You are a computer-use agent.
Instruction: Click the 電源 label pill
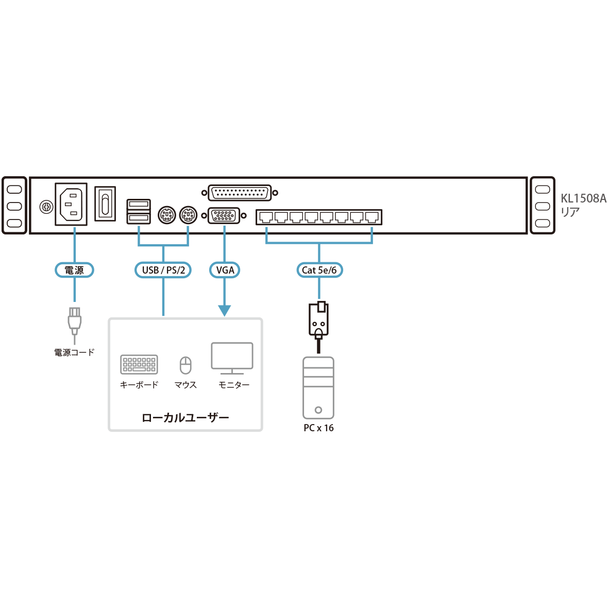(x=74, y=270)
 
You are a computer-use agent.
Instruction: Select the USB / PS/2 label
(x=163, y=270)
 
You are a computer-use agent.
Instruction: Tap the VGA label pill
(x=225, y=270)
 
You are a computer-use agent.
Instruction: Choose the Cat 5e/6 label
(x=319, y=270)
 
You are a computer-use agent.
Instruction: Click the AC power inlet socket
(x=71, y=205)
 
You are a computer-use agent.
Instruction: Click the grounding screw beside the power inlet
(x=46, y=208)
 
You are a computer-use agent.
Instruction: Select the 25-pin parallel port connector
(x=240, y=193)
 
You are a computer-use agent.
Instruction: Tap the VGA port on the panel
(x=224, y=215)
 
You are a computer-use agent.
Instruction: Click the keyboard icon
(x=139, y=364)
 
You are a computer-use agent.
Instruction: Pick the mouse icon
(x=185, y=365)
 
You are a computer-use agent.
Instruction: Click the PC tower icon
(x=318, y=387)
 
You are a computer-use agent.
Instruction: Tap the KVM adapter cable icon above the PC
(x=318, y=320)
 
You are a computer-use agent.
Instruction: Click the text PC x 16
(x=318, y=428)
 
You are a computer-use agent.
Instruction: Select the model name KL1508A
(x=583, y=198)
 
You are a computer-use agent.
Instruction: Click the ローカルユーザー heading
(x=185, y=417)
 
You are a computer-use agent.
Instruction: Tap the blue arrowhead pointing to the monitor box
(x=224, y=310)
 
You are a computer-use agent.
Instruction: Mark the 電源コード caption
(x=75, y=353)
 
